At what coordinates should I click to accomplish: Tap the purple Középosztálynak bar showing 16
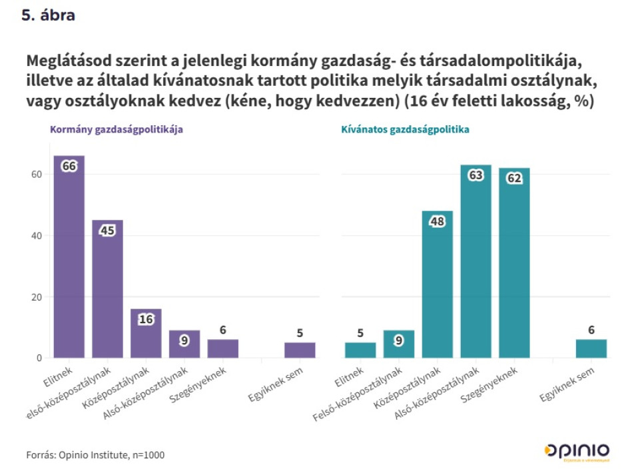tap(146, 333)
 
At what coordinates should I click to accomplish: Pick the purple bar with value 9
tap(184, 344)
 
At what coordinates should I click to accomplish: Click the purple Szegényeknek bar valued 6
tap(222, 348)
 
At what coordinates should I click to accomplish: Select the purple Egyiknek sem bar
tap(300, 350)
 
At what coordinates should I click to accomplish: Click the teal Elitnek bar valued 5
tap(360, 350)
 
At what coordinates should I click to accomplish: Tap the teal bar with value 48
tap(438, 284)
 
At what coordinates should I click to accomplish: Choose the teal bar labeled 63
tap(475, 261)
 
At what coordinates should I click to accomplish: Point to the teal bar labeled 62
tap(514, 262)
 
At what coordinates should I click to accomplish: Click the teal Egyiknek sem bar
tap(591, 348)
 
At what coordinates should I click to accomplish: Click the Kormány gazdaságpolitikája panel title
tap(117, 130)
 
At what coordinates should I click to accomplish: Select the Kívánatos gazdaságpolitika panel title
tap(405, 130)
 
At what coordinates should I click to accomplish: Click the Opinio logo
tap(576, 450)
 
